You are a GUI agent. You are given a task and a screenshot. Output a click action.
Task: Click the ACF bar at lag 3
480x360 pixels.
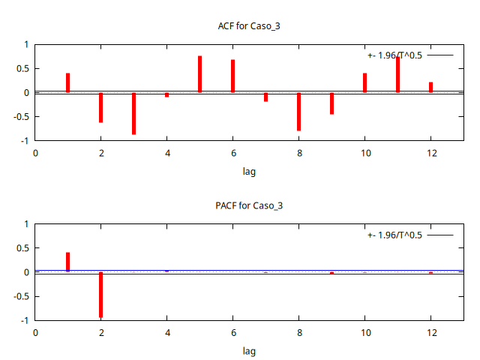pos(133,113)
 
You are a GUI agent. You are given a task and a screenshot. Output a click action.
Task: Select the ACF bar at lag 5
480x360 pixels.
pos(199,74)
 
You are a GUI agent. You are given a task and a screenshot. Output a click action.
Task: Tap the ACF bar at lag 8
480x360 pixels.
pos(298,112)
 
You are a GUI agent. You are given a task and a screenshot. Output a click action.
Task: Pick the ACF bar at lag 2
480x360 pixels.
pos(100,107)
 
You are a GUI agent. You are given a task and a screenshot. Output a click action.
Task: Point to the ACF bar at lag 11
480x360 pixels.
pos(397,75)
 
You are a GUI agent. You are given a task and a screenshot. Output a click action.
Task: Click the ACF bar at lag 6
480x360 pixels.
pos(232,76)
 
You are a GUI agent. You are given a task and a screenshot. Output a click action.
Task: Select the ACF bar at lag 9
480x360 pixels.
pos(331,103)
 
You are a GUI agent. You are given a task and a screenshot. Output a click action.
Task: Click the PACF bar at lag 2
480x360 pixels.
pos(100,295)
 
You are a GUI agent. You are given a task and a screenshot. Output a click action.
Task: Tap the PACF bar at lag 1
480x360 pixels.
pos(67,262)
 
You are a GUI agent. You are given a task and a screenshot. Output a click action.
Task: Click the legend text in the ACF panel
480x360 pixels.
pos(395,55)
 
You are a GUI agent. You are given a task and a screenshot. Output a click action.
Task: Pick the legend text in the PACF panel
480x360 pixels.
pos(395,235)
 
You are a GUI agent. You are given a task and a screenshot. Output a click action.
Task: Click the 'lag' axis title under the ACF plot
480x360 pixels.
pos(249,171)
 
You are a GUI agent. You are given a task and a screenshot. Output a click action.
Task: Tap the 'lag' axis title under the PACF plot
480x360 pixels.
pos(249,350)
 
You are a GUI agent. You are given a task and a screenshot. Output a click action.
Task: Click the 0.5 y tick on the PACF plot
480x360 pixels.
pos(22,248)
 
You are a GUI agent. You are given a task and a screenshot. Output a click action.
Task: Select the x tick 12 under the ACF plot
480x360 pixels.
pos(430,153)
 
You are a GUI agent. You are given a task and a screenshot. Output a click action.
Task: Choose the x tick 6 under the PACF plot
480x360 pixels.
pos(232,332)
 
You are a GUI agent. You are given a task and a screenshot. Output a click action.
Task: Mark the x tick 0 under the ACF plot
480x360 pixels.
pos(34,153)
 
